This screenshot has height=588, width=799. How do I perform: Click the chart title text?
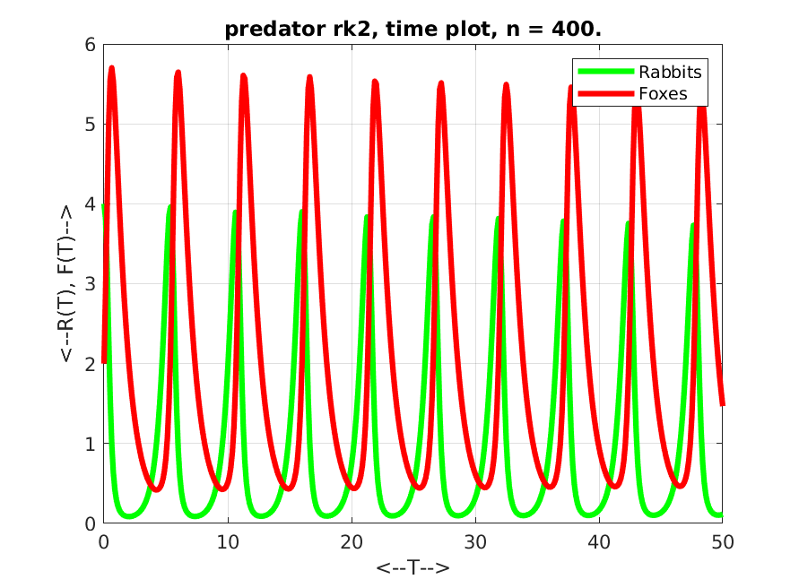[413, 29]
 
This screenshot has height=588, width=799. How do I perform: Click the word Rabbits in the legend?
[670, 73]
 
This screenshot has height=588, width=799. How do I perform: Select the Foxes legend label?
[663, 94]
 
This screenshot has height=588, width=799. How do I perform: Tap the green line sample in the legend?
[606, 72]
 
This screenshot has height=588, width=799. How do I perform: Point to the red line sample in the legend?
[606, 93]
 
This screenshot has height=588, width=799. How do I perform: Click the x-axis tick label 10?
[228, 542]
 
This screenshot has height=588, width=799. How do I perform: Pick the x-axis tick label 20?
[352, 542]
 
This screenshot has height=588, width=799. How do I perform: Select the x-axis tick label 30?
[475, 542]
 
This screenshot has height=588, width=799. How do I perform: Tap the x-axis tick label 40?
[599, 542]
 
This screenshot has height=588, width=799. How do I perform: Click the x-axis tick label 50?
[723, 542]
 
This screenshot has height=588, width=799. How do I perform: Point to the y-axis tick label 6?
[91, 45]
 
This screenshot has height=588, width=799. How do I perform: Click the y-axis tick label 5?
[91, 125]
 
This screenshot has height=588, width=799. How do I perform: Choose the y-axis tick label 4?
[91, 204]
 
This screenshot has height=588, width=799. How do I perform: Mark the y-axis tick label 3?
[91, 284]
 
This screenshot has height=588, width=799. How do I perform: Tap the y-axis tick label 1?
[91, 444]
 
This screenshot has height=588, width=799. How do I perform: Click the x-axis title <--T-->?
[413, 567]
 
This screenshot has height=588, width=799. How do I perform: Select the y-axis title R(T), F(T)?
[66, 284]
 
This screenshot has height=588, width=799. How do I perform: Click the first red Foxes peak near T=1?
[111, 68]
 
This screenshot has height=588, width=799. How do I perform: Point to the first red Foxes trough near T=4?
[157, 489]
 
